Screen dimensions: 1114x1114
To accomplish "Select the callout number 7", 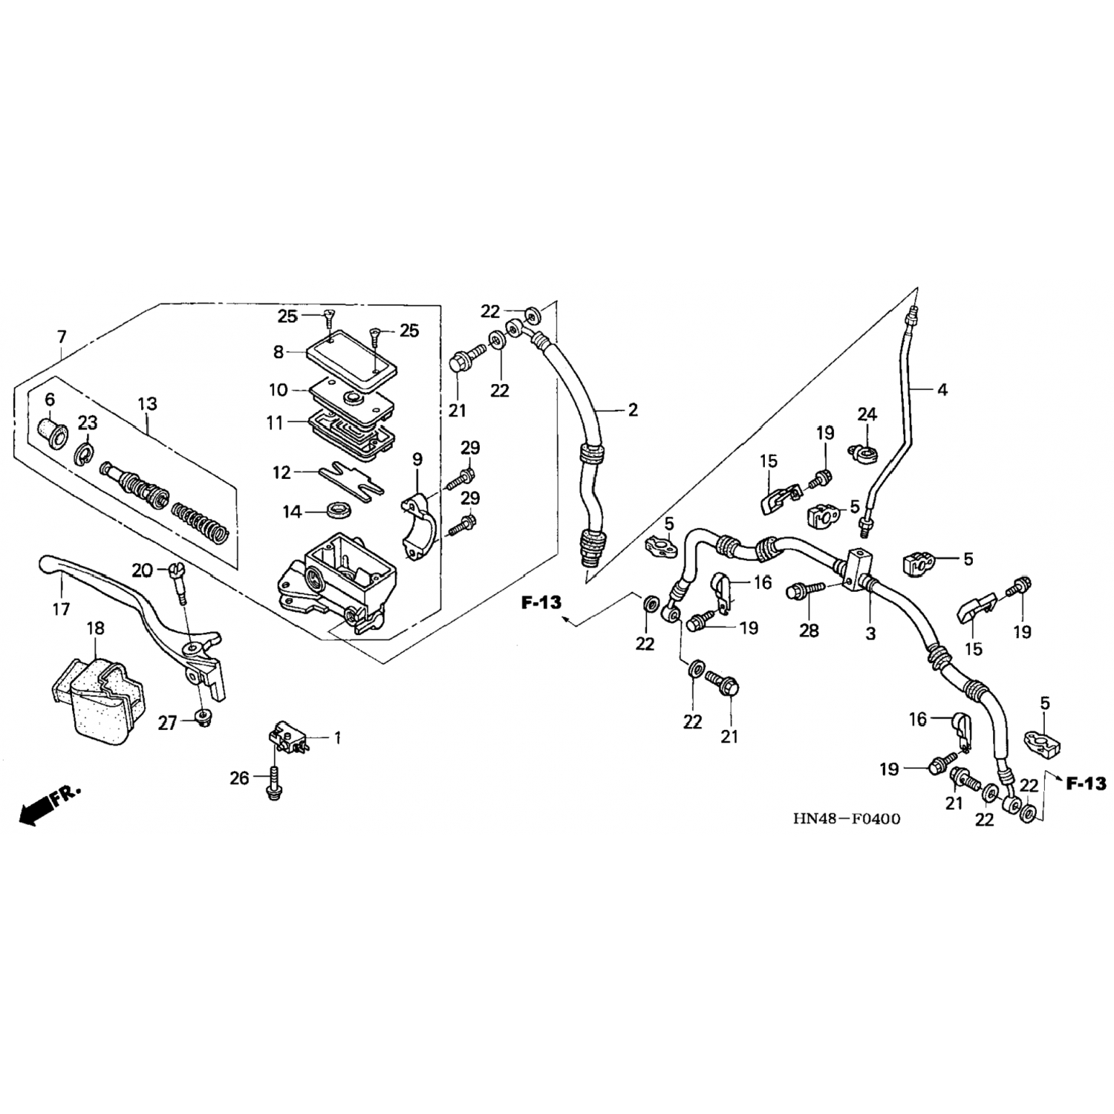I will click(62, 338).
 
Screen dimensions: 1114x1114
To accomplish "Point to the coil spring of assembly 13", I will click(201, 522).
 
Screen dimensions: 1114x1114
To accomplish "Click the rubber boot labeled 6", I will click(51, 429).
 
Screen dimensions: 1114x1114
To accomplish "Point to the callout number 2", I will click(633, 410).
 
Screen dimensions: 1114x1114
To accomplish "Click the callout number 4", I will click(942, 389).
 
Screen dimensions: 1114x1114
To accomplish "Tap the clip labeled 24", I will click(861, 451).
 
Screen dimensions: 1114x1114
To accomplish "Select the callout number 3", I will click(870, 633).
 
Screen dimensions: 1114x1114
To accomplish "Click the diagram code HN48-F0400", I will click(846, 819).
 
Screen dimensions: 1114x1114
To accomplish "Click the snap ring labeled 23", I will click(84, 452).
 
